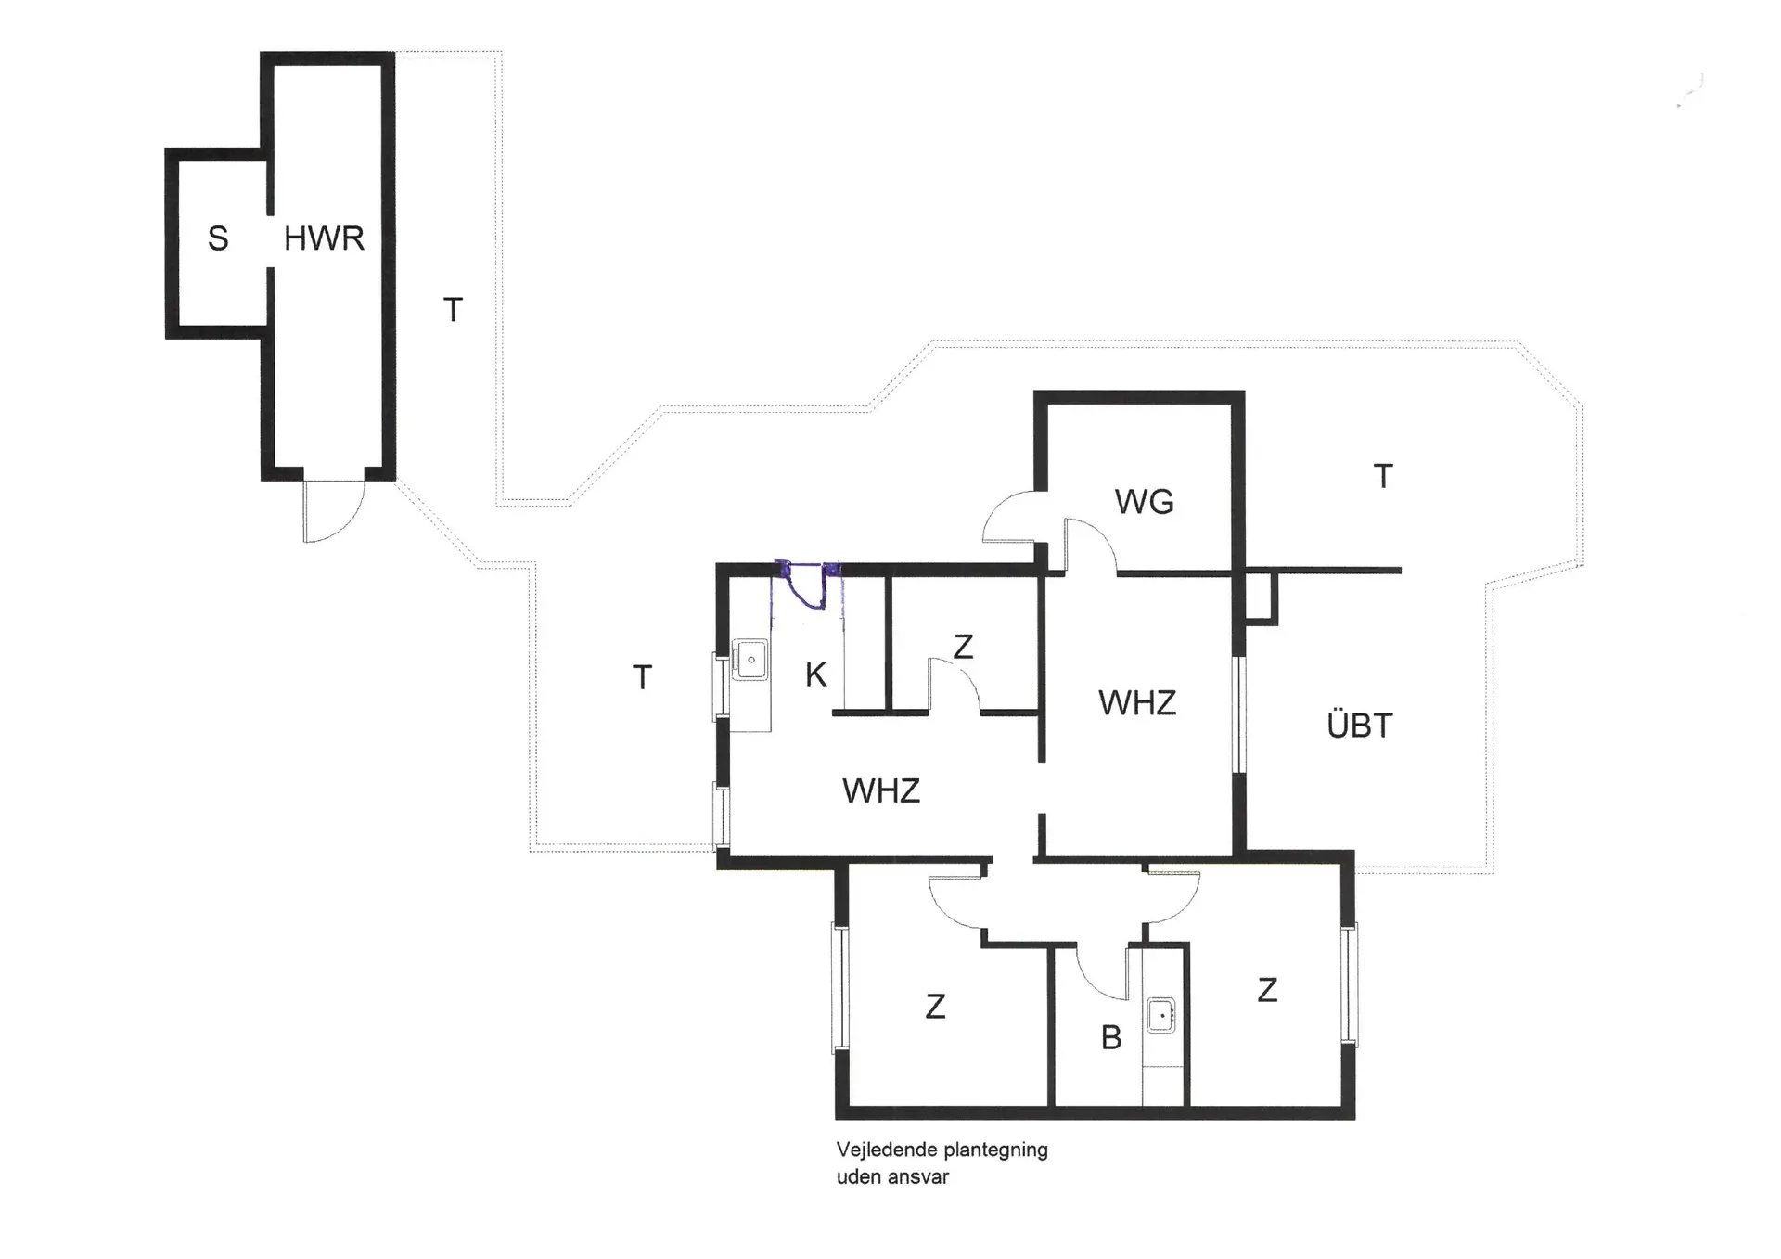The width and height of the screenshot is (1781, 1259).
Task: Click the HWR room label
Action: (324, 238)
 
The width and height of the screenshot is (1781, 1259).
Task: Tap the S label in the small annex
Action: (218, 239)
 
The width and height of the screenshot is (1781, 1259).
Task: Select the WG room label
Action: (1144, 502)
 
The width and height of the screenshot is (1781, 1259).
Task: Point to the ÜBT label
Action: (1360, 726)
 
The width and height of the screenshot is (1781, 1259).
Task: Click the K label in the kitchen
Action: (815, 675)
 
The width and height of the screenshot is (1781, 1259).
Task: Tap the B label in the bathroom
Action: (1111, 1038)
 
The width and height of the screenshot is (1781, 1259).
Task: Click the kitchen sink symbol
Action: (750, 660)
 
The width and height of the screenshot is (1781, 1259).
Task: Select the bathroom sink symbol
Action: (1161, 1016)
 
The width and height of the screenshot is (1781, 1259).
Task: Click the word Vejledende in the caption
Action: (881, 1150)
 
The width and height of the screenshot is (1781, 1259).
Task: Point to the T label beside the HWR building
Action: (453, 310)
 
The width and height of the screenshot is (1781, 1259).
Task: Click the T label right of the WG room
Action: (1383, 477)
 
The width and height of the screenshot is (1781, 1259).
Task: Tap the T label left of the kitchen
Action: (642, 678)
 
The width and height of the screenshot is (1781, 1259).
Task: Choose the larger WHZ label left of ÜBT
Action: (1137, 703)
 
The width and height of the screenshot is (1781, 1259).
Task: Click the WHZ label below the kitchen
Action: (881, 791)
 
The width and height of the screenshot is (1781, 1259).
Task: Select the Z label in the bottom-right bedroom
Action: (1267, 990)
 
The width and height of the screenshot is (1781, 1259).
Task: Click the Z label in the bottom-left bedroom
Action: (935, 1007)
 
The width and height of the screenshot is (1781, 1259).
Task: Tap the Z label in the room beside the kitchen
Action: (963, 647)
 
